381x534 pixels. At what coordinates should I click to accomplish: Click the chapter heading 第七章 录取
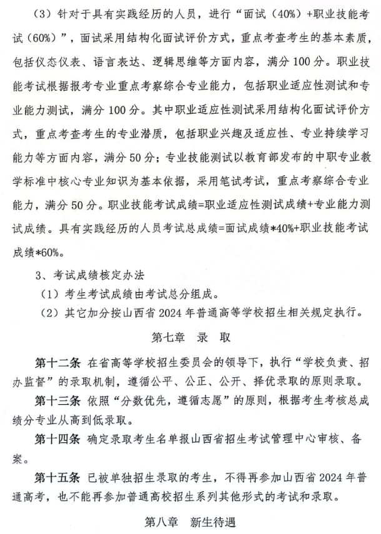point(190,338)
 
